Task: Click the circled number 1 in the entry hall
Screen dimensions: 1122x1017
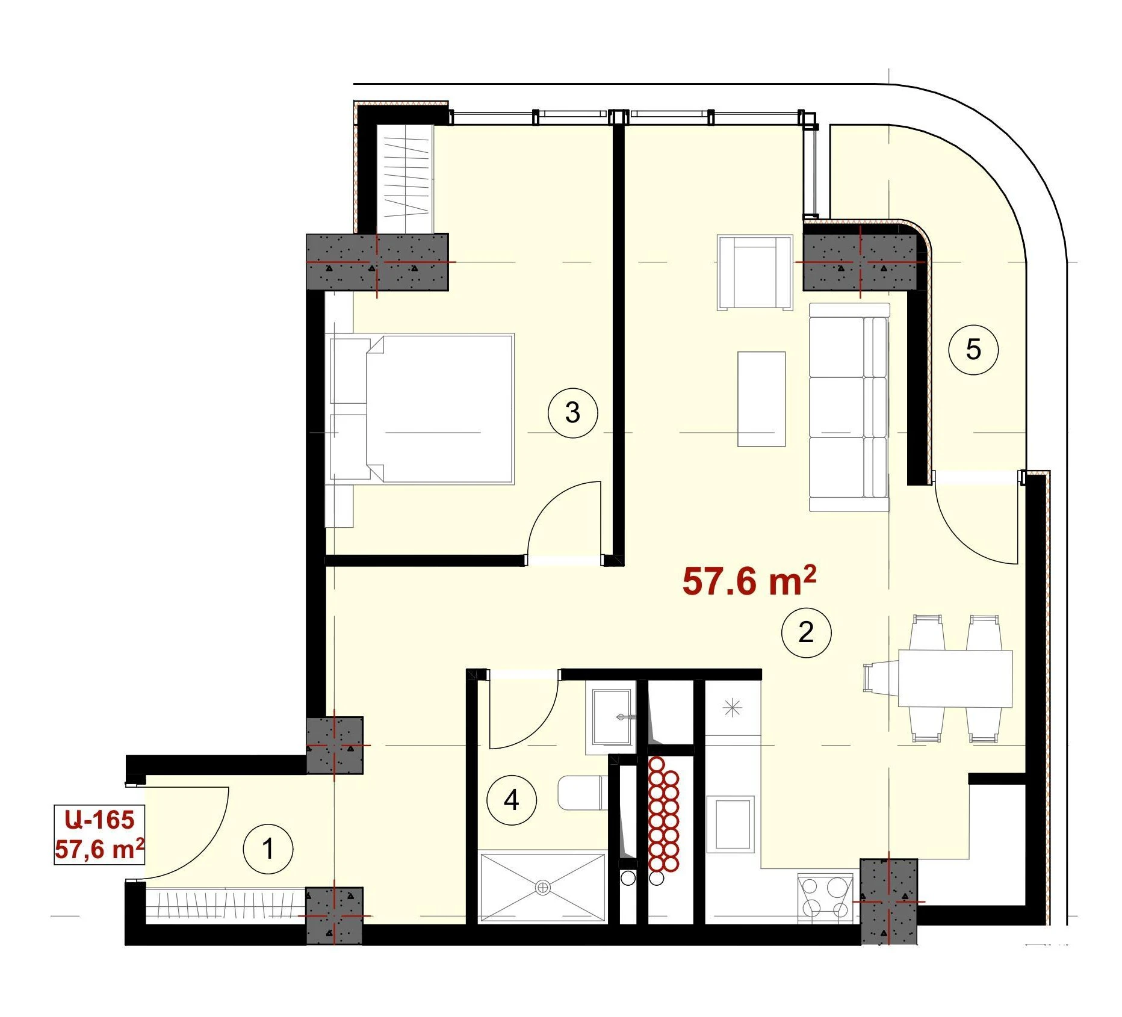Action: pyautogui.click(x=268, y=849)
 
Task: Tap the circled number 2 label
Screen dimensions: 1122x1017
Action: pyautogui.click(x=806, y=632)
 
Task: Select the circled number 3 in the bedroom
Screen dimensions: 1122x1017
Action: pyautogui.click(x=572, y=412)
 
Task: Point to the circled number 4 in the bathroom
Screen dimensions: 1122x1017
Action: pyautogui.click(x=511, y=800)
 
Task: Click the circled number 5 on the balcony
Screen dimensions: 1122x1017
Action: pyautogui.click(x=973, y=349)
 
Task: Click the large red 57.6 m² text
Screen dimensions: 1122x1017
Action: pyautogui.click(x=749, y=581)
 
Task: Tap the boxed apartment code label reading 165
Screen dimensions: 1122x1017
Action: pyautogui.click(x=99, y=835)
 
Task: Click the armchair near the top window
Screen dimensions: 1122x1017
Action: pyautogui.click(x=754, y=273)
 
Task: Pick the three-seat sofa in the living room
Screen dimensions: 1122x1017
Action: pyautogui.click(x=849, y=407)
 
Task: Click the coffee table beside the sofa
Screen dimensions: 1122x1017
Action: pyautogui.click(x=761, y=400)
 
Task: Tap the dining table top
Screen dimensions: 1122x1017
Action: pyautogui.click(x=955, y=678)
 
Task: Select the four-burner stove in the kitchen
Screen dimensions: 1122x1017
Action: pyautogui.click(x=825, y=898)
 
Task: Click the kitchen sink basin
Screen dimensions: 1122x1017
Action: pyautogui.click(x=731, y=824)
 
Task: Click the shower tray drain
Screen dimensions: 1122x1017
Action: pyautogui.click(x=543, y=887)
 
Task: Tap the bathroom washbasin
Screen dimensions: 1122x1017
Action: pyautogui.click(x=611, y=718)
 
